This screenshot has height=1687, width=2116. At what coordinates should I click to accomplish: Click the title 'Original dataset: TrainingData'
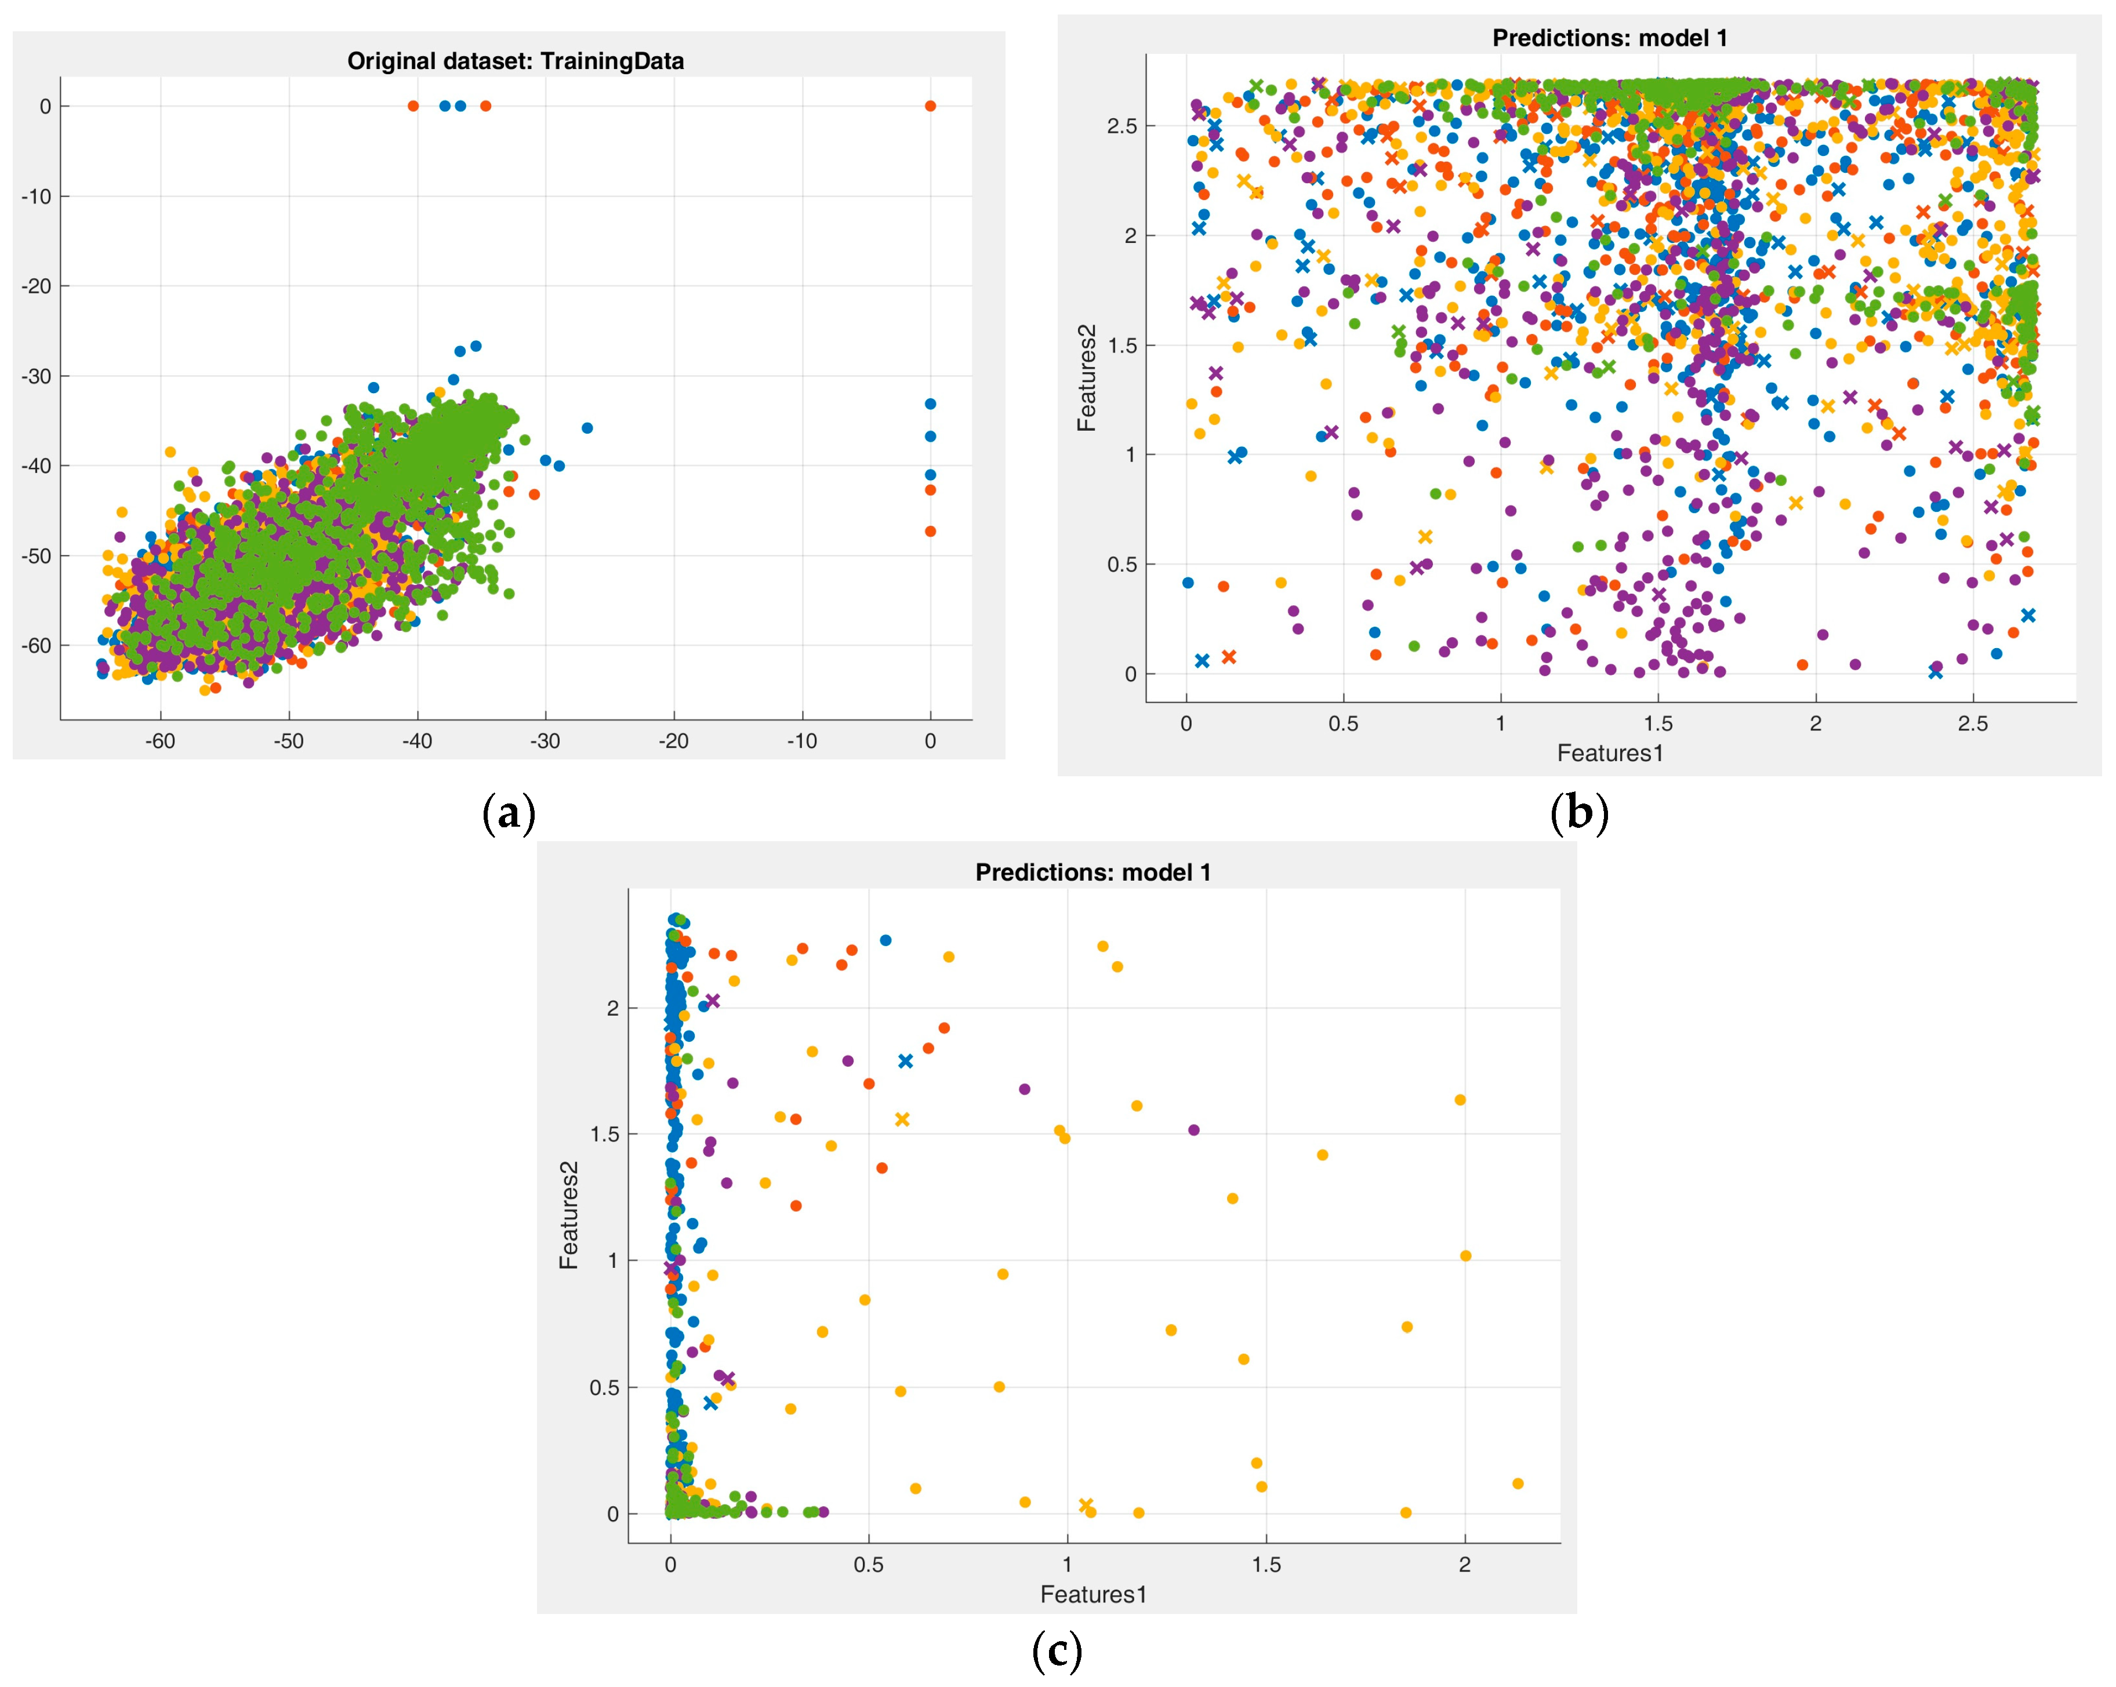click(516, 61)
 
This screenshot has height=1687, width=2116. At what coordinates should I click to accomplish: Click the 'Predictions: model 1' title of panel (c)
click(1093, 872)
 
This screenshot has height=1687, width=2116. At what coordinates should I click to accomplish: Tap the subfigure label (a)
click(509, 813)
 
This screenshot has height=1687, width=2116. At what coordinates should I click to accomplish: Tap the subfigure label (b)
click(1578, 813)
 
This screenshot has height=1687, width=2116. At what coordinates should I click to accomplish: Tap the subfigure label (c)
click(1057, 1652)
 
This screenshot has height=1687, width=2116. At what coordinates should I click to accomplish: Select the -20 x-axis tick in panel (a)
click(673, 741)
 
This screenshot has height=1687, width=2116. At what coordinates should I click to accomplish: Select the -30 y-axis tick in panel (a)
click(37, 376)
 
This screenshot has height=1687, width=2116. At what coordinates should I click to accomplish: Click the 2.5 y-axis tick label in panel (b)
click(1122, 126)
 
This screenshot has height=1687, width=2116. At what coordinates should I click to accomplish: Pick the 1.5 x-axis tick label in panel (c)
click(1266, 1564)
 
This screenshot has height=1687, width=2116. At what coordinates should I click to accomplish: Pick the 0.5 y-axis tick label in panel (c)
click(604, 1388)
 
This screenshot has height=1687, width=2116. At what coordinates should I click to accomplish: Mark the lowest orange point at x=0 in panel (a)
click(930, 531)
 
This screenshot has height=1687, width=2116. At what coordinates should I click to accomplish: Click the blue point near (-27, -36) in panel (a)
click(587, 428)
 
